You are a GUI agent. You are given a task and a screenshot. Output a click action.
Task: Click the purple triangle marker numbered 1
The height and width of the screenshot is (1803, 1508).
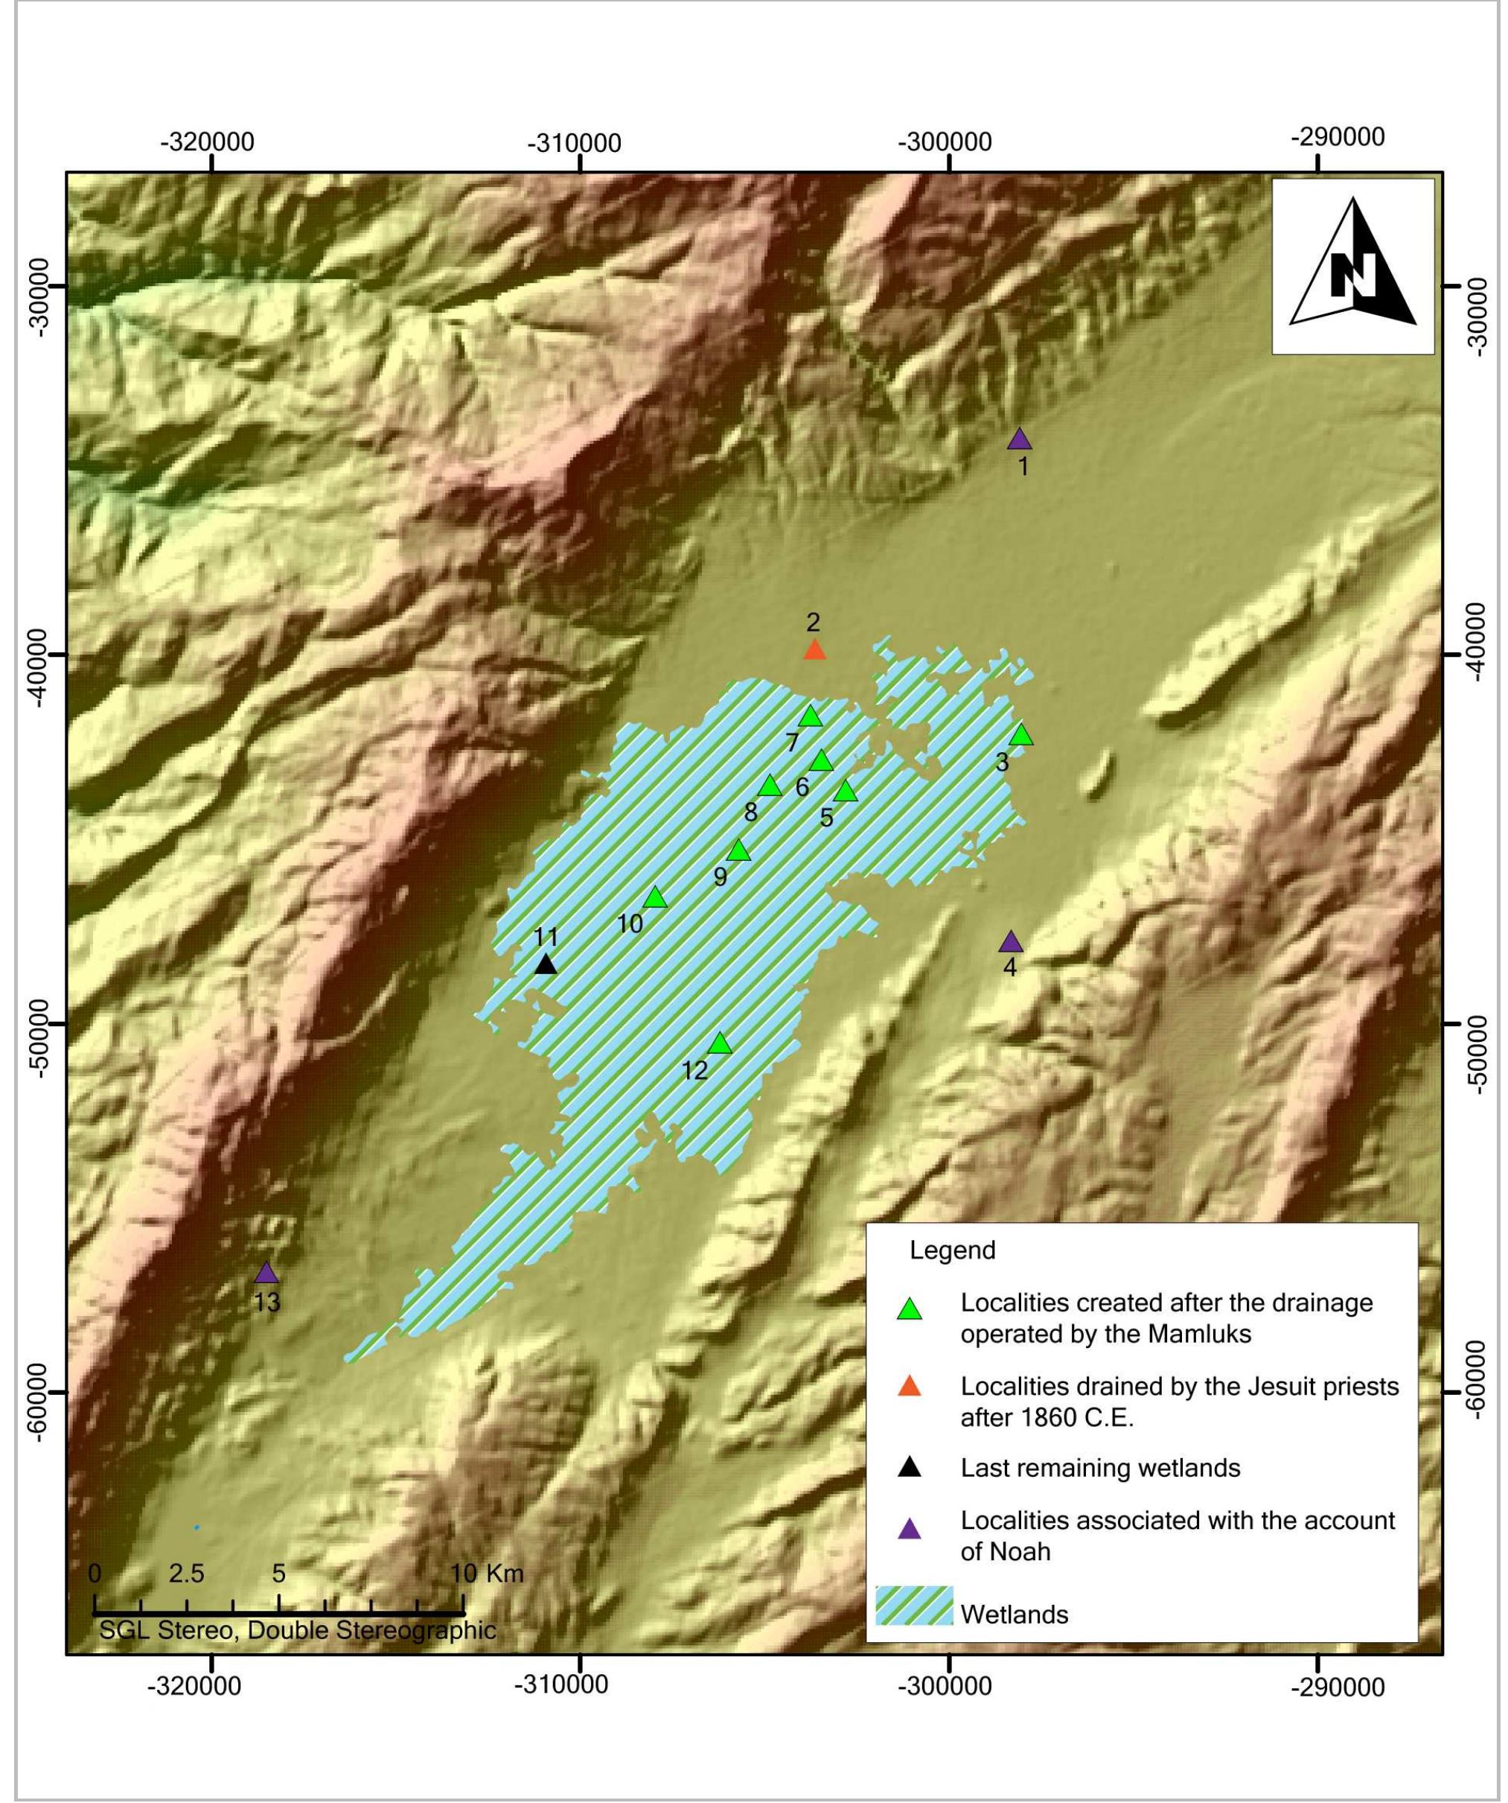click(x=1019, y=440)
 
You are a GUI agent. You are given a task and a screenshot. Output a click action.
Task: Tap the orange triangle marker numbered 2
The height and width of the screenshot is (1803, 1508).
click(x=814, y=651)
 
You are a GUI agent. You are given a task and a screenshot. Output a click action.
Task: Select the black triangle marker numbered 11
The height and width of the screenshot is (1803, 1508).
click(x=546, y=965)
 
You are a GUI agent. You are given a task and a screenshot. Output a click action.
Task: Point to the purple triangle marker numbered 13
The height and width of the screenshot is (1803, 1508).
click(x=267, y=1273)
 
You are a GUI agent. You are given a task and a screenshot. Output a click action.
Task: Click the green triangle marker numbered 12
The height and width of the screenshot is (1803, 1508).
click(x=719, y=1044)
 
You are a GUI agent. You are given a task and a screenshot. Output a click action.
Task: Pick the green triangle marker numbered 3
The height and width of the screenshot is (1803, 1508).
click(x=1020, y=735)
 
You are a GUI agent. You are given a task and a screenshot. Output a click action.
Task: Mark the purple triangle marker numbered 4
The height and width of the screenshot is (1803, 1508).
click(x=1010, y=943)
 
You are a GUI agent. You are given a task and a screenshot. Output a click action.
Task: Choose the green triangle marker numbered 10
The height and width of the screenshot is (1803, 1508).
click(x=656, y=898)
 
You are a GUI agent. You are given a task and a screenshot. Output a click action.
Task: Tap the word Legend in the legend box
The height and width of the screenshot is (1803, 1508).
click(x=953, y=1250)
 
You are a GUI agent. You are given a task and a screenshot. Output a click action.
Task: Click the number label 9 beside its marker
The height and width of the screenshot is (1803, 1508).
click(x=720, y=877)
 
